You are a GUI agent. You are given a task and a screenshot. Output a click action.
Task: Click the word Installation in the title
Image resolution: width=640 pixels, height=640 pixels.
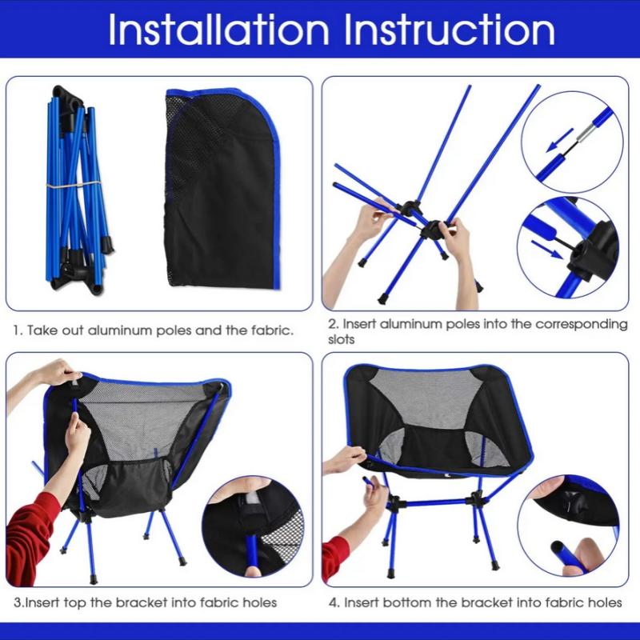coord(218,30)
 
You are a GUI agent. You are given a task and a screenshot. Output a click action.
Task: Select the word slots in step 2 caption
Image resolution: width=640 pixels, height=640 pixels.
coord(342,339)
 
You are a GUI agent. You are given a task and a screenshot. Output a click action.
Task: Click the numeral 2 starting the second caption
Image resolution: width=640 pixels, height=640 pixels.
coord(331,325)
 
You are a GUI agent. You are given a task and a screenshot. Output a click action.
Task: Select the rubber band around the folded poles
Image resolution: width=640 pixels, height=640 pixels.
coord(72,185)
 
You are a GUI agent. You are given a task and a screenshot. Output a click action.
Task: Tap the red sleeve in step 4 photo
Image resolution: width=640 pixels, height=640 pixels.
coord(334,552)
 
